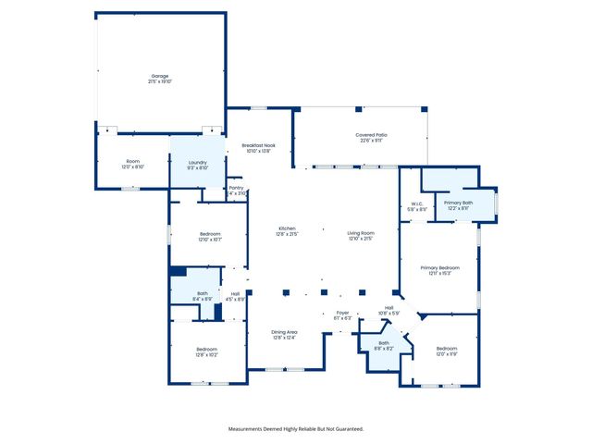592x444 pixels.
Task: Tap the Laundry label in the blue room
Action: coord(197,164)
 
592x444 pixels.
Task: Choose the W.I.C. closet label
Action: coord(418,206)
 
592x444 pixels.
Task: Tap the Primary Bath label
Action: coord(458,204)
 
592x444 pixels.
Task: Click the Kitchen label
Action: coord(287,231)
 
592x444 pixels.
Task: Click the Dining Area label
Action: coord(284,334)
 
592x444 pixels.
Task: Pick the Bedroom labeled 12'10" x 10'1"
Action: coord(209,236)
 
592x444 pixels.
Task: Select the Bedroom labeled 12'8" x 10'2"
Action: coord(206,351)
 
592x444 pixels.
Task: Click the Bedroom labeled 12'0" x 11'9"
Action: coord(446,351)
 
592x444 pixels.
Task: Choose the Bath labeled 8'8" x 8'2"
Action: coord(383,345)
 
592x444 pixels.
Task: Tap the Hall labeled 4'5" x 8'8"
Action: coord(235,296)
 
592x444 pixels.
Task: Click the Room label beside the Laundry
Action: coord(132,164)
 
